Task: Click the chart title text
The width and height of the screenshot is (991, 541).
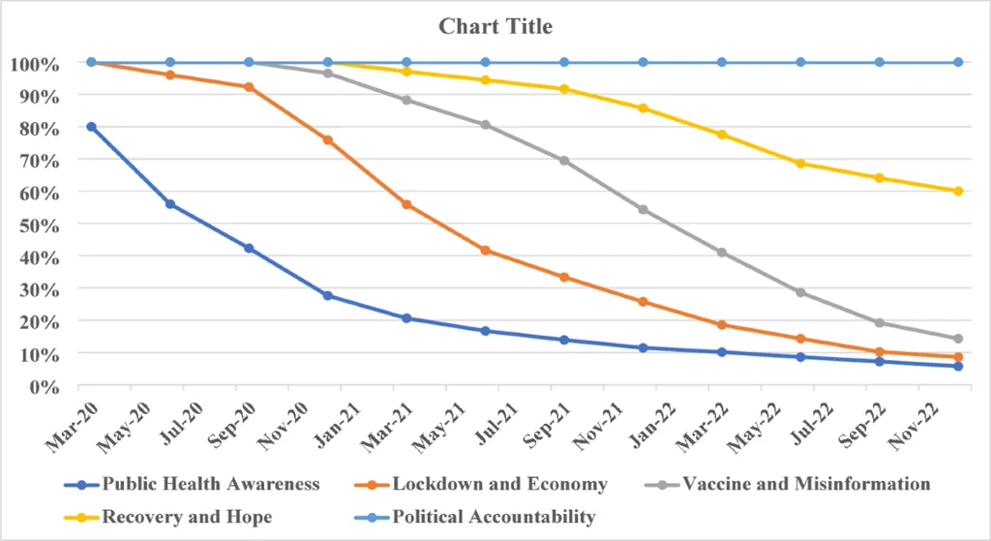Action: [495, 26]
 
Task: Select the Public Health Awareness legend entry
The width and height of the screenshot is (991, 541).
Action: [211, 484]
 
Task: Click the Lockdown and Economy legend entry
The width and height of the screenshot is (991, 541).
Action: [499, 484]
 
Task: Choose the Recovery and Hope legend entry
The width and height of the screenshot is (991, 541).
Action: [187, 517]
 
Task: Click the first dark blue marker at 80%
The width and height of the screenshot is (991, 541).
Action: [92, 127]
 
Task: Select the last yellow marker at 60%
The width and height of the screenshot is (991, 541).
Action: [958, 192]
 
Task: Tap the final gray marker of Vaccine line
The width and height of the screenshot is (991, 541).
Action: [958, 339]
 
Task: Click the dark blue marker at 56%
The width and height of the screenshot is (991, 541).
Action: [170, 204]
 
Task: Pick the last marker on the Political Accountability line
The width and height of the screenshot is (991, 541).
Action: [958, 62]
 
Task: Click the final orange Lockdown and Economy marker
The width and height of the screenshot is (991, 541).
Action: [958, 357]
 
